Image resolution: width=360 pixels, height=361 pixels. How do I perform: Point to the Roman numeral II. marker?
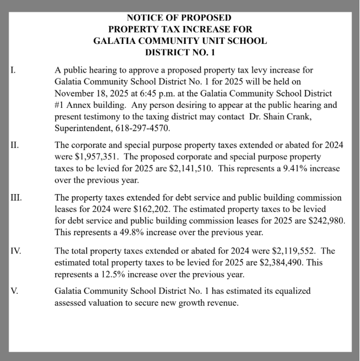point(15,145)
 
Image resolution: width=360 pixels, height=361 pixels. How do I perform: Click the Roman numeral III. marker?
point(16,197)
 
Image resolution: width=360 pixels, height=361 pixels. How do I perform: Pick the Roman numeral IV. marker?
point(15,250)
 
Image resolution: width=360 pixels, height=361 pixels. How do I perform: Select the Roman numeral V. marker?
point(15,291)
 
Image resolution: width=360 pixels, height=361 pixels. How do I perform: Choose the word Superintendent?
point(83,128)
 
